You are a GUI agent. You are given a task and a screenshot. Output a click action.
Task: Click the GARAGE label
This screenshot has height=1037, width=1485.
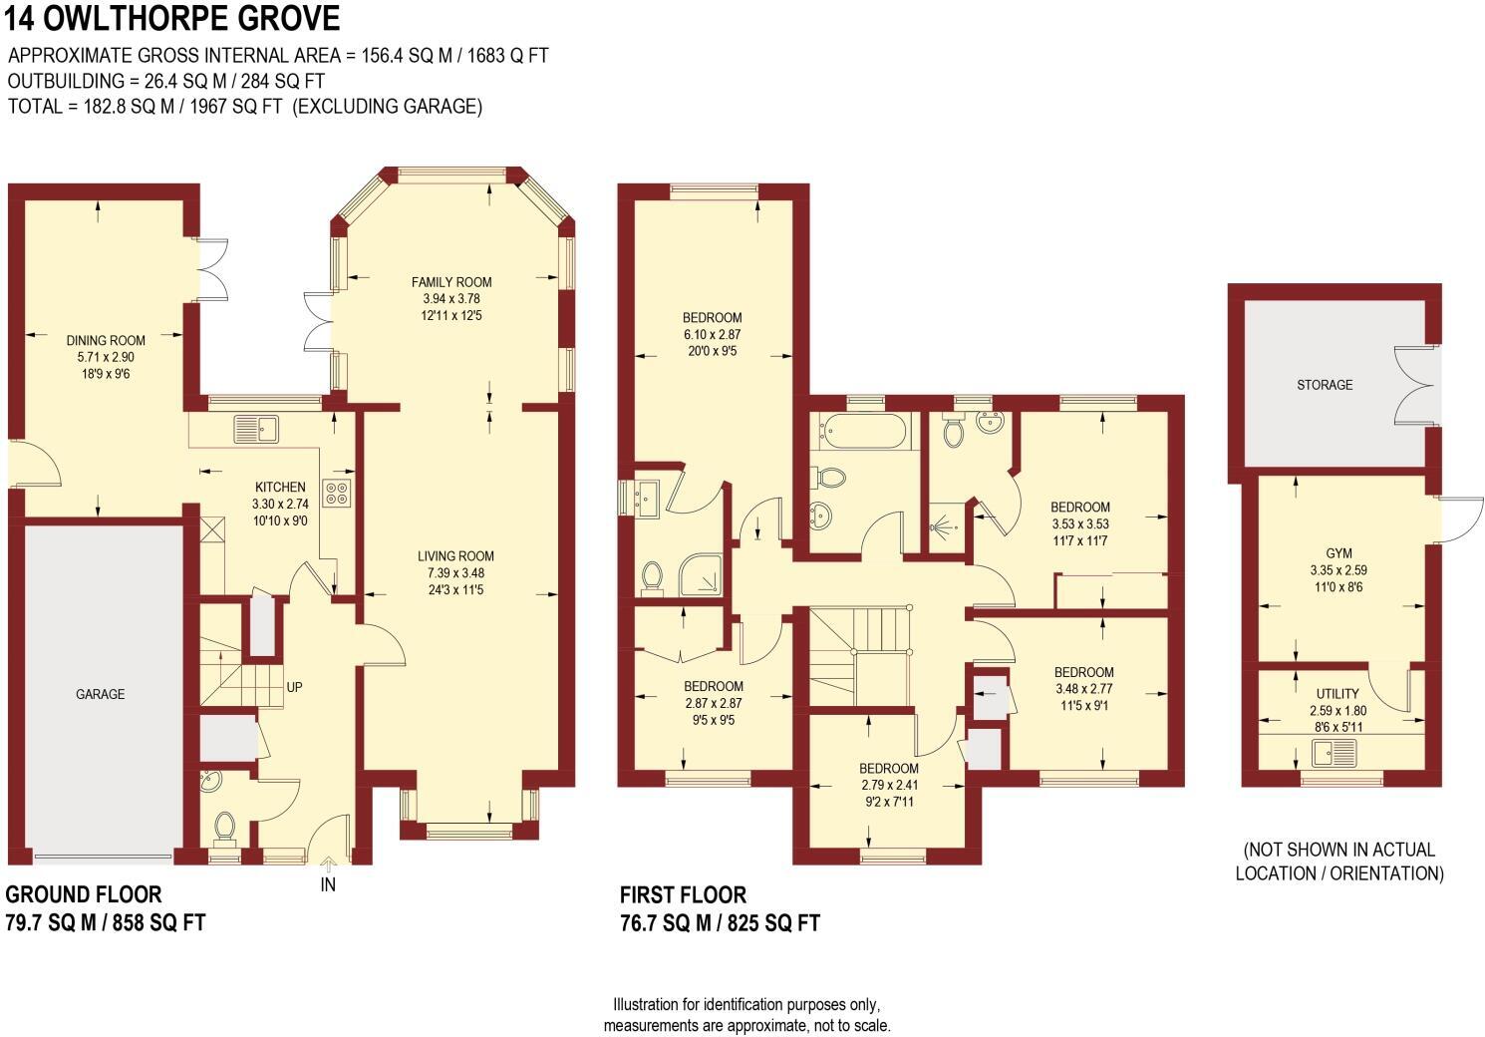[x=101, y=694]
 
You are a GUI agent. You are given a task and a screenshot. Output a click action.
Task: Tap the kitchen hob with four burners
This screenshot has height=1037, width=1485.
[x=337, y=493]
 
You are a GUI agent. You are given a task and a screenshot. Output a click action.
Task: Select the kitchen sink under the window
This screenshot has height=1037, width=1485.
[x=256, y=430]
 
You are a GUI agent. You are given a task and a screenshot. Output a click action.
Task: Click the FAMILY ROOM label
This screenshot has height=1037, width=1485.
[x=451, y=282]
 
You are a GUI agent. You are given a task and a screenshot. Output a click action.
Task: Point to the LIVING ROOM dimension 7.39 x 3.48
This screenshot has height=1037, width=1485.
[x=455, y=573]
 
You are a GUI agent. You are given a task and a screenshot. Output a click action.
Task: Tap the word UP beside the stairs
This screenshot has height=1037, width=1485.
[x=294, y=688]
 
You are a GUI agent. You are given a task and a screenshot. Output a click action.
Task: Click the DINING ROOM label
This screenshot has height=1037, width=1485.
[x=106, y=340]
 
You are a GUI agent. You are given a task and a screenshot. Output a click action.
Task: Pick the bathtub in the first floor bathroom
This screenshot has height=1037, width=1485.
[x=864, y=432]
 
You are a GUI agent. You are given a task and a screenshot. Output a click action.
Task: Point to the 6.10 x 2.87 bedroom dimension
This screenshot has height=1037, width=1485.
[x=713, y=335]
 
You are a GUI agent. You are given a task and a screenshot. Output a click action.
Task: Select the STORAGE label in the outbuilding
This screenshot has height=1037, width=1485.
[x=1325, y=384]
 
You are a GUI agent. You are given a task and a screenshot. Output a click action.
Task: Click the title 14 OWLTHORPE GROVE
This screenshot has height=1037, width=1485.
[x=171, y=19]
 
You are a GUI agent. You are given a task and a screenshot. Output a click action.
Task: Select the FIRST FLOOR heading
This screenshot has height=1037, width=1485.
[x=683, y=894]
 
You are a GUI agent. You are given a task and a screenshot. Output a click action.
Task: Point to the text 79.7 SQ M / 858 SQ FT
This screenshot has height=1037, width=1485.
[x=106, y=922]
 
